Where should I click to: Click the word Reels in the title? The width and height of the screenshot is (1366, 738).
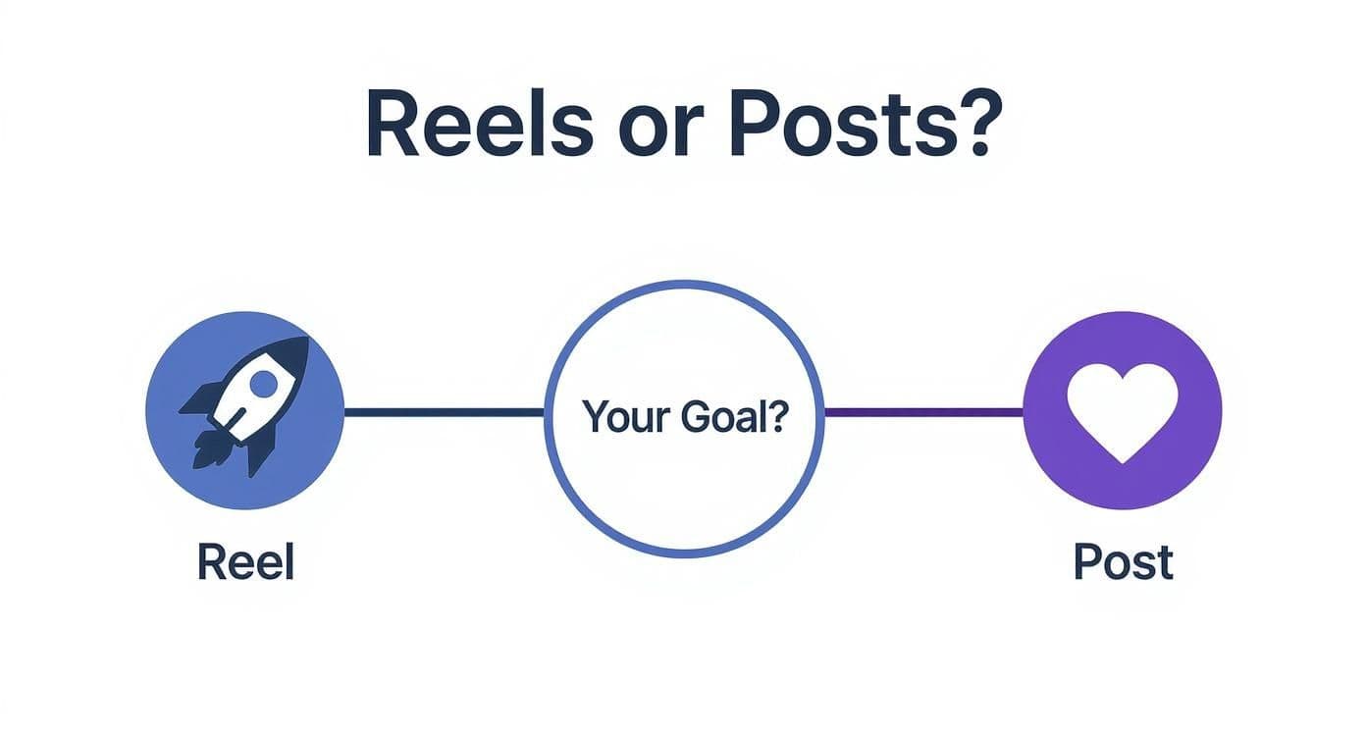point(480,124)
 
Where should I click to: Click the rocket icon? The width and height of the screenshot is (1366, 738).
point(245,405)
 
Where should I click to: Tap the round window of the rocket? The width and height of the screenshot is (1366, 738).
point(263,383)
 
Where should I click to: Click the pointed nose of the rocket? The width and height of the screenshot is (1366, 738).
point(306,340)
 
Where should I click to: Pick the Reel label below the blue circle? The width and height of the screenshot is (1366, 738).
point(245,561)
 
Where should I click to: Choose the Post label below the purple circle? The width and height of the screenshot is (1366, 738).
point(1123,561)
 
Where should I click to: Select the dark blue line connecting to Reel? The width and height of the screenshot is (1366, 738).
point(444,413)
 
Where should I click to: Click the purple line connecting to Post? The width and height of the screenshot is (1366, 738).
point(923,413)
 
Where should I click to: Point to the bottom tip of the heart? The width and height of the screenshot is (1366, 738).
point(1122,463)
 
